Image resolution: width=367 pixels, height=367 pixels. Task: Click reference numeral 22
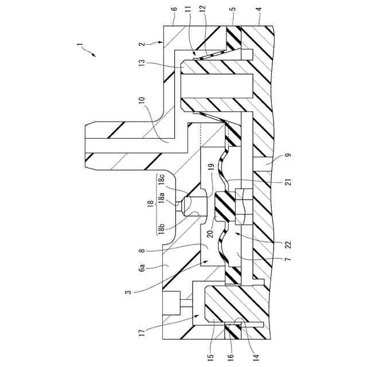click(287, 243)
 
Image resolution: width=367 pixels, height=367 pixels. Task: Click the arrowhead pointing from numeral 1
click(95, 56)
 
